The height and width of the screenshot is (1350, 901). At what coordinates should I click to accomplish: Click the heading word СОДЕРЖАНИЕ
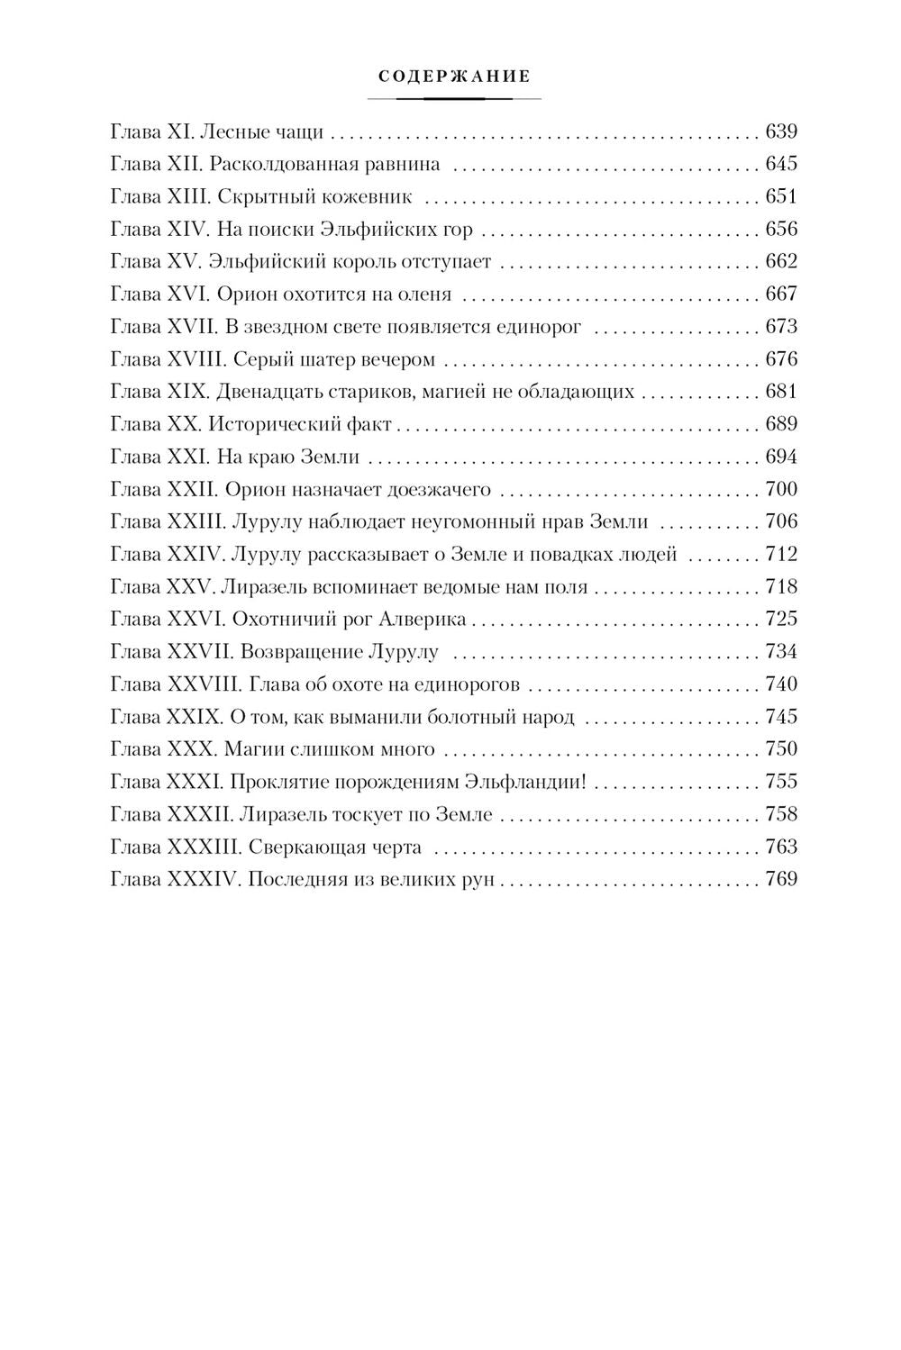[x=453, y=77]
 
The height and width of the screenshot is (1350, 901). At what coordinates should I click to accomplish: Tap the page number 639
[x=781, y=132]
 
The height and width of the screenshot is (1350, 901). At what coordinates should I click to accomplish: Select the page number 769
[x=781, y=879]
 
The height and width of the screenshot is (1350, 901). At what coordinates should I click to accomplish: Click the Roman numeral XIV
[x=187, y=230]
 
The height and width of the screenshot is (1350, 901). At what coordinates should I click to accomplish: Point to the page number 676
[x=781, y=359]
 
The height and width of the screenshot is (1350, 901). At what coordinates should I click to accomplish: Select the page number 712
[x=781, y=555]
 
